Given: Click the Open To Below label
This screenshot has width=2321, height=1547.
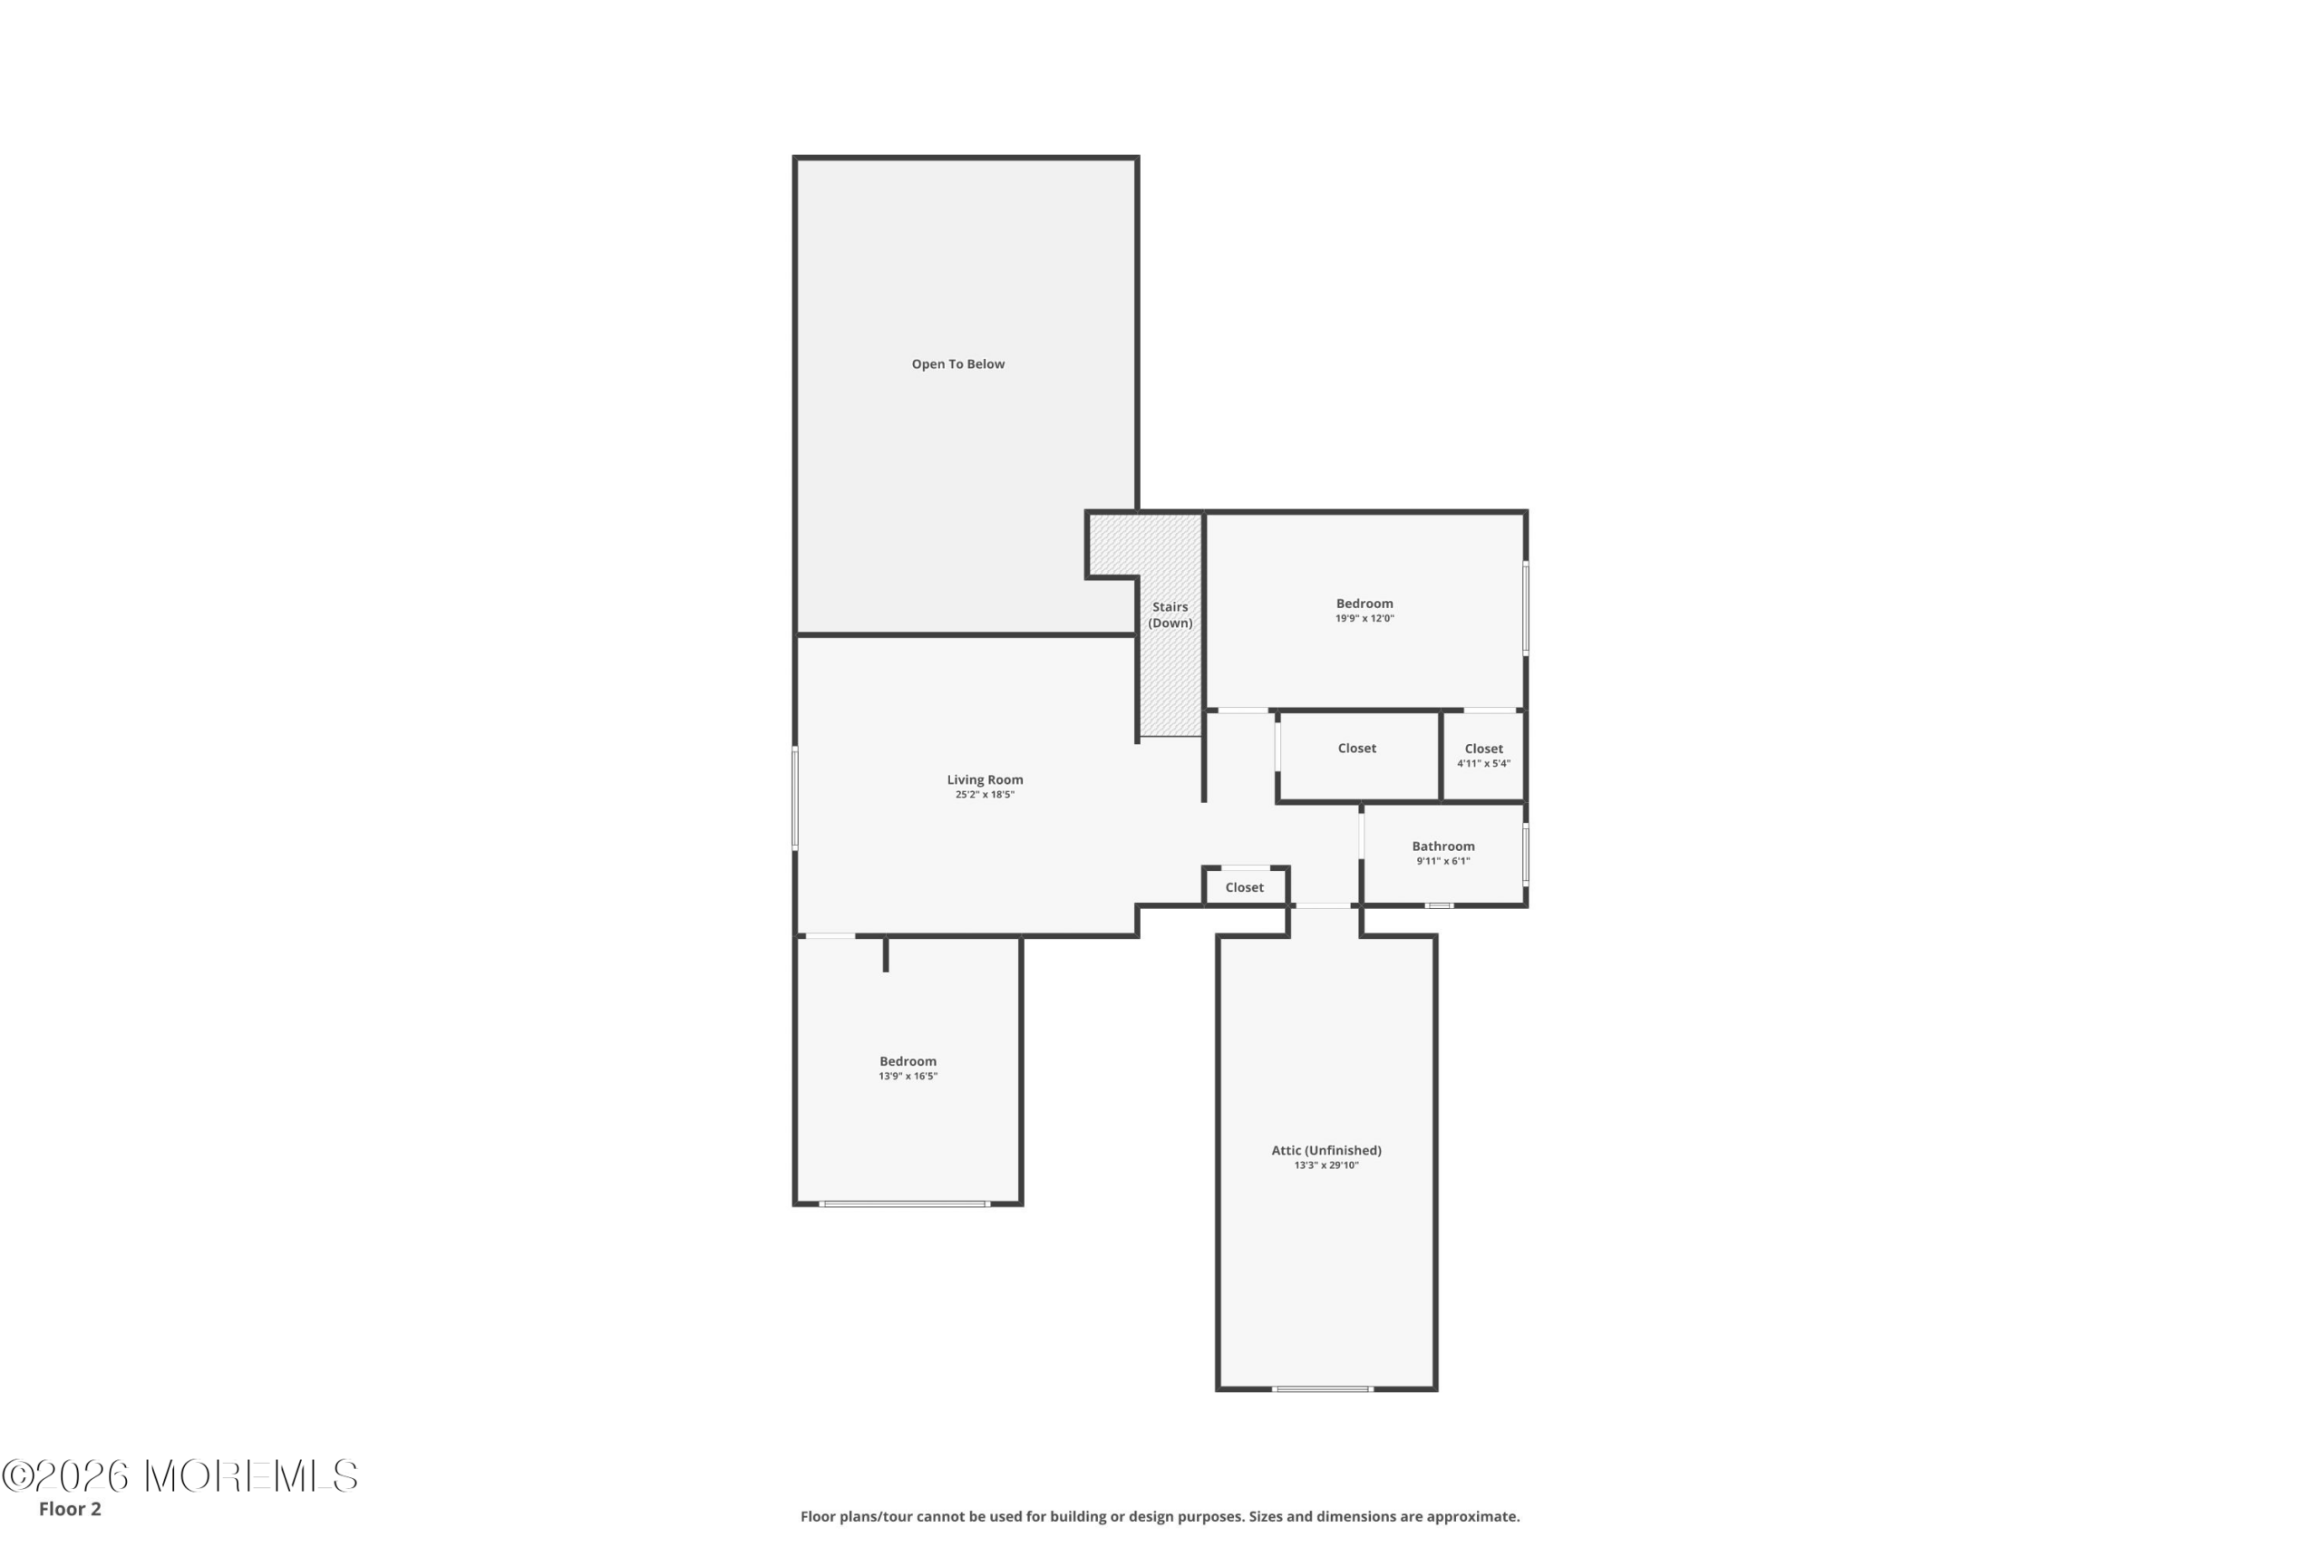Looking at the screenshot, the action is (x=957, y=364).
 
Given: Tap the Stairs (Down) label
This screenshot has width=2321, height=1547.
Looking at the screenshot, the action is (x=1170, y=614).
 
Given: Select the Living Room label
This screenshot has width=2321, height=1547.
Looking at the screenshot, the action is (x=985, y=779).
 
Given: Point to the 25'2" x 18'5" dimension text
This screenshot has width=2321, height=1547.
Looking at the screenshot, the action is (x=985, y=794).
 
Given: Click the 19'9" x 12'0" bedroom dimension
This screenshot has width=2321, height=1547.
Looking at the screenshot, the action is (x=1364, y=619).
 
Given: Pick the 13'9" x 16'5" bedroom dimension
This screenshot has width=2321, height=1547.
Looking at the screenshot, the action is (x=908, y=1077).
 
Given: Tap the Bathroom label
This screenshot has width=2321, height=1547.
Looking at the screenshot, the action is (x=1442, y=846).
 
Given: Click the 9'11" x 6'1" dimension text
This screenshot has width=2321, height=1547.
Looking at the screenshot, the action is (x=1442, y=861).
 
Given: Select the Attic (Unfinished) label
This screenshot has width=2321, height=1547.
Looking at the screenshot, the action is (x=1326, y=1150).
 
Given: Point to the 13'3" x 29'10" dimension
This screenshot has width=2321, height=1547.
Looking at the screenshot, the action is (x=1326, y=1165).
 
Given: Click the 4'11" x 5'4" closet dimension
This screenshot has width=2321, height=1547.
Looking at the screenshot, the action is (x=1483, y=764).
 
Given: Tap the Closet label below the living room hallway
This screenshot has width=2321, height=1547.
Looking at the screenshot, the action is (x=1245, y=888).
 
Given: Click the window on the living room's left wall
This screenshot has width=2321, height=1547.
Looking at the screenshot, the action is (x=794, y=798).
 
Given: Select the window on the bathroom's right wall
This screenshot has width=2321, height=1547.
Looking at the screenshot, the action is (x=1526, y=855).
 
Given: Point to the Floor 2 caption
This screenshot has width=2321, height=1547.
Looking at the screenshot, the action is (x=70, y=1509).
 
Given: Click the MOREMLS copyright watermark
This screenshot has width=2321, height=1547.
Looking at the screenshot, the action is (x=180, y=1476).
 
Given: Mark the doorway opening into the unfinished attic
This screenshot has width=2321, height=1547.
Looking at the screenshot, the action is (x=1324, y=905).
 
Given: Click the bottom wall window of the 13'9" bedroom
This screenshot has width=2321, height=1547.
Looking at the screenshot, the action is (x=904, y=1204).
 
